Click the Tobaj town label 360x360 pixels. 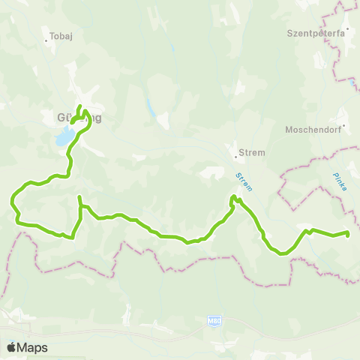pyautogui.click(x=58, y=35)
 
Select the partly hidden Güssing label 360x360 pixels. pyautogui.click(x=78, y=118)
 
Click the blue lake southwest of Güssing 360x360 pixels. pyautogui.click(x=64, y=137)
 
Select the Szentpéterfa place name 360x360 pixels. pyautogui.click(x=314, y=34)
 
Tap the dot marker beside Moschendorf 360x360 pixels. pyautogui.click(x=343, y=124)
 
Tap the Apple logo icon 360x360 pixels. pyautogui.click(x=11, y=347)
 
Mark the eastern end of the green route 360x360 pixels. pyautogui.click(x=349, y=234)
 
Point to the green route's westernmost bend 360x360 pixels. pyautogui.click(x=12, y=201)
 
